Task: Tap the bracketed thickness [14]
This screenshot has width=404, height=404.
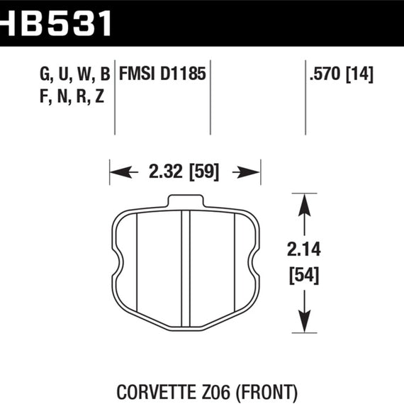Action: coord(359,74)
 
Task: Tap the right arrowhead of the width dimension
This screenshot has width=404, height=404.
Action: coord(252,172)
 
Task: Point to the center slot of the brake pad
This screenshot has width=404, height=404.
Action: coord(186,269)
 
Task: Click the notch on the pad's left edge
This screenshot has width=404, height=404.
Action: coord(113,270)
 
